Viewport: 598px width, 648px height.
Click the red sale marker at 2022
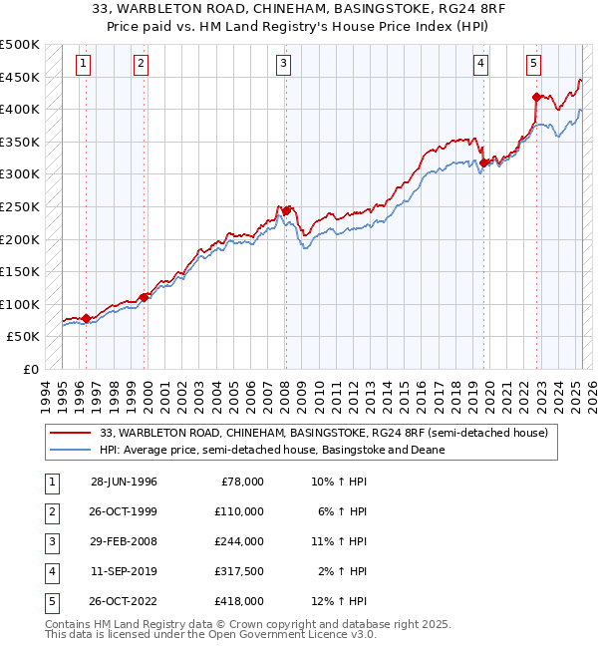pyautogui.click(x=536, y=97)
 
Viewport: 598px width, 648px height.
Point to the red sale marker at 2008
pyautogui.click(x=286, y=210)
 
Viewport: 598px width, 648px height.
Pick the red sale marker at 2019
pyautogui.click(x=483, y=162)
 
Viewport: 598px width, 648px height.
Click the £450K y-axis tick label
pyautogui.click(x=20, y=77)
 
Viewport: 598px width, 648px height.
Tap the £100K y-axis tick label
pyautogui.click(x=20, y=304)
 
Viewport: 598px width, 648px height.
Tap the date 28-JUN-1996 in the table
pyautogui.click(x=124, y=482)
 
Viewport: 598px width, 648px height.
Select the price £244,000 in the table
pyautogui.click(x=242, y=541)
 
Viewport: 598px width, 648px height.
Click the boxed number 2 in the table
pyautogui.click(x=51, y=511)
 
